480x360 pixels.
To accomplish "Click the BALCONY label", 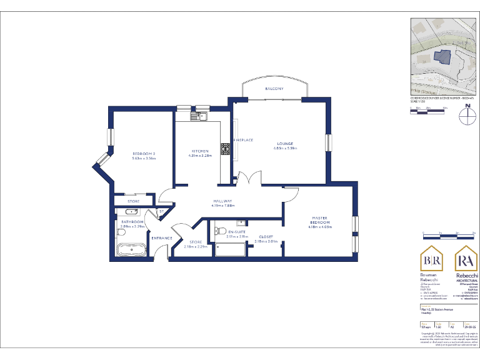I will [x=274, y=89].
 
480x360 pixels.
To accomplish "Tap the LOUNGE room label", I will [x=285, y=144].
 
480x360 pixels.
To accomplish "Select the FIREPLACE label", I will [x=243, y=140].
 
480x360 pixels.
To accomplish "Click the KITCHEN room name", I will [x=200, y=151].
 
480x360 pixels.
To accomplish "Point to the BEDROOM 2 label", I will [x=144, y=154].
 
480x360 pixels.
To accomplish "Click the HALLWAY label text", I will [x=222, y=201].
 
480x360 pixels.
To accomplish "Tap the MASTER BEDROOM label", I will [x=321, y=220].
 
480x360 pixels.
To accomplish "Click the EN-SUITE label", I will [x=236, y=232].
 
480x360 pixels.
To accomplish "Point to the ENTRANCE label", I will [x=162, y=238].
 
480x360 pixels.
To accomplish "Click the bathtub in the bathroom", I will [x=132, y=251].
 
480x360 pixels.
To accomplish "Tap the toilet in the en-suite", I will [x=219, y=231].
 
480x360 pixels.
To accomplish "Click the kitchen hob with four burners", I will [x=225, y=149].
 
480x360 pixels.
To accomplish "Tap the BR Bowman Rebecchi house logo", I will [x=431, y=261].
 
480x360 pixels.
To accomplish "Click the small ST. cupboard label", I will [x=161, y=211].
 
